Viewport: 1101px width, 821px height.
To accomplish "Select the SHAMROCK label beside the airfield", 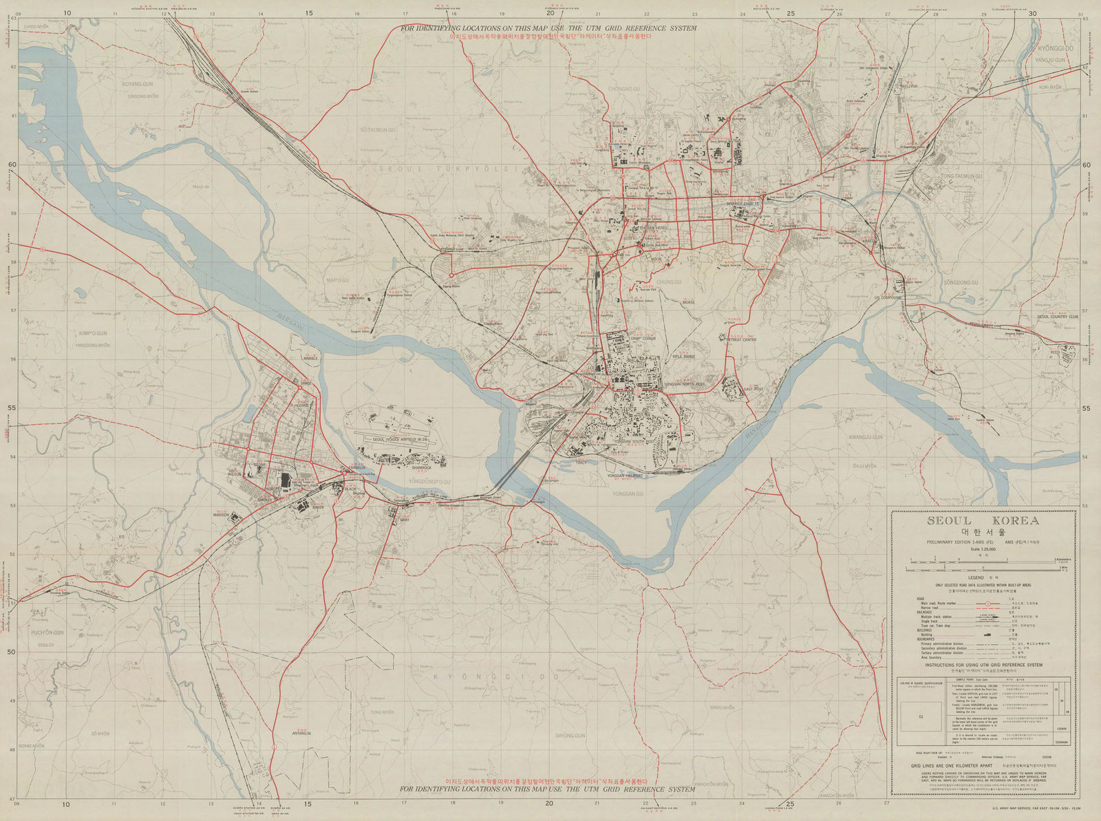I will tap(421, 467).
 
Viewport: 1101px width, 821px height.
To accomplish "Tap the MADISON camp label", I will tap(221, 514).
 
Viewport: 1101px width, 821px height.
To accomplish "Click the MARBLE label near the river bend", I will tap(311, 359).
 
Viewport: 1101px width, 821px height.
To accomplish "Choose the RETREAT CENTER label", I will tap(742, 339).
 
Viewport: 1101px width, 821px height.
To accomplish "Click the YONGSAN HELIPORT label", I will tap(625, 476).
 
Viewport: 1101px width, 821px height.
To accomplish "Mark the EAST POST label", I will tap(754, 390).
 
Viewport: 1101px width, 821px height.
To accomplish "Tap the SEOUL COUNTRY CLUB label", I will tap(1058, 317).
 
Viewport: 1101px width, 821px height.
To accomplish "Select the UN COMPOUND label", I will tap(888, 297).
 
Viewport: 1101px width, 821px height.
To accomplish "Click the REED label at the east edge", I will tap(1055, 352).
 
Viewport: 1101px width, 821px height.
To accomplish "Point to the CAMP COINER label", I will tap(643, 339).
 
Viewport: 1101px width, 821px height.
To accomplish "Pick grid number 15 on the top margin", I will tap(309, 13).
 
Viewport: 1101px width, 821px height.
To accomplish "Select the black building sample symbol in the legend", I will tap(989, 634).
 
